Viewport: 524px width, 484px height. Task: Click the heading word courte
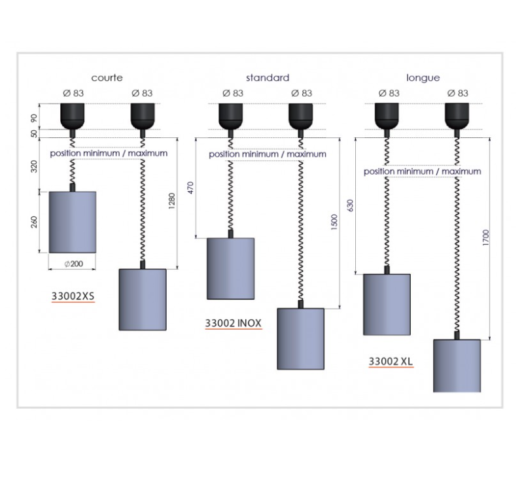pyautogui.click(x=107, y=78)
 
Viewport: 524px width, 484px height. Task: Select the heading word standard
pyautogui.click(x=268, y=78)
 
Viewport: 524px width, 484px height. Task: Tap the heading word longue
pyautogui.click(x=423, y=78)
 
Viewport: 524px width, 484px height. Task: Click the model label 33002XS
pyautogui.click(x=73, y=296)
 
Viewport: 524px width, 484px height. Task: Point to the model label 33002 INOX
pyautogui.click(x=234, y=323)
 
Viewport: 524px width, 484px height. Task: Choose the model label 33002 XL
pyautogui.click(x=391, y=361)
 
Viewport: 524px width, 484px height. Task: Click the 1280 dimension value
pyautogui.click(x=171, y=201)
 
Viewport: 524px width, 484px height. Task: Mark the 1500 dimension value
pyautogui.click(x=334, y=222)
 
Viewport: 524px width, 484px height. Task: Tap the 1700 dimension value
pyautogui.click(x=485, y=238)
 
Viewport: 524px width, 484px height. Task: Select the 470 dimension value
pyautogui.click(x=190, y=188)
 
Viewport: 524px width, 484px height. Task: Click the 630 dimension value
pyautogui.click(x=350, y=205)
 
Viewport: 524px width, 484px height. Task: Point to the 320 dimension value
pyautogui.click(x=34, y=167)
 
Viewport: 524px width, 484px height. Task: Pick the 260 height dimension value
pyautogui.click(x=34, y=222)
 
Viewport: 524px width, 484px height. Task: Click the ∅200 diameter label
pyautogui.click(x=73, y=264)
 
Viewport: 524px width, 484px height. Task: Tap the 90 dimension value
pyautogui.click(x=34, y=118)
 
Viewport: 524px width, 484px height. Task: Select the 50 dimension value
pyautogui.click(x=34, y=133)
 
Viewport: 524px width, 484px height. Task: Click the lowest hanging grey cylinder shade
pyautogui.click(x=457, y=366)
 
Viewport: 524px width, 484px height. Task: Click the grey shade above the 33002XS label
pyautogui.click(x=73, y=222)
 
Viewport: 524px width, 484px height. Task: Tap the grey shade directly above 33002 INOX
pyautogui.click(x=230, y=269)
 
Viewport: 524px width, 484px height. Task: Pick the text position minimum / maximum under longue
pyautogui.click(x=423, y=171)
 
